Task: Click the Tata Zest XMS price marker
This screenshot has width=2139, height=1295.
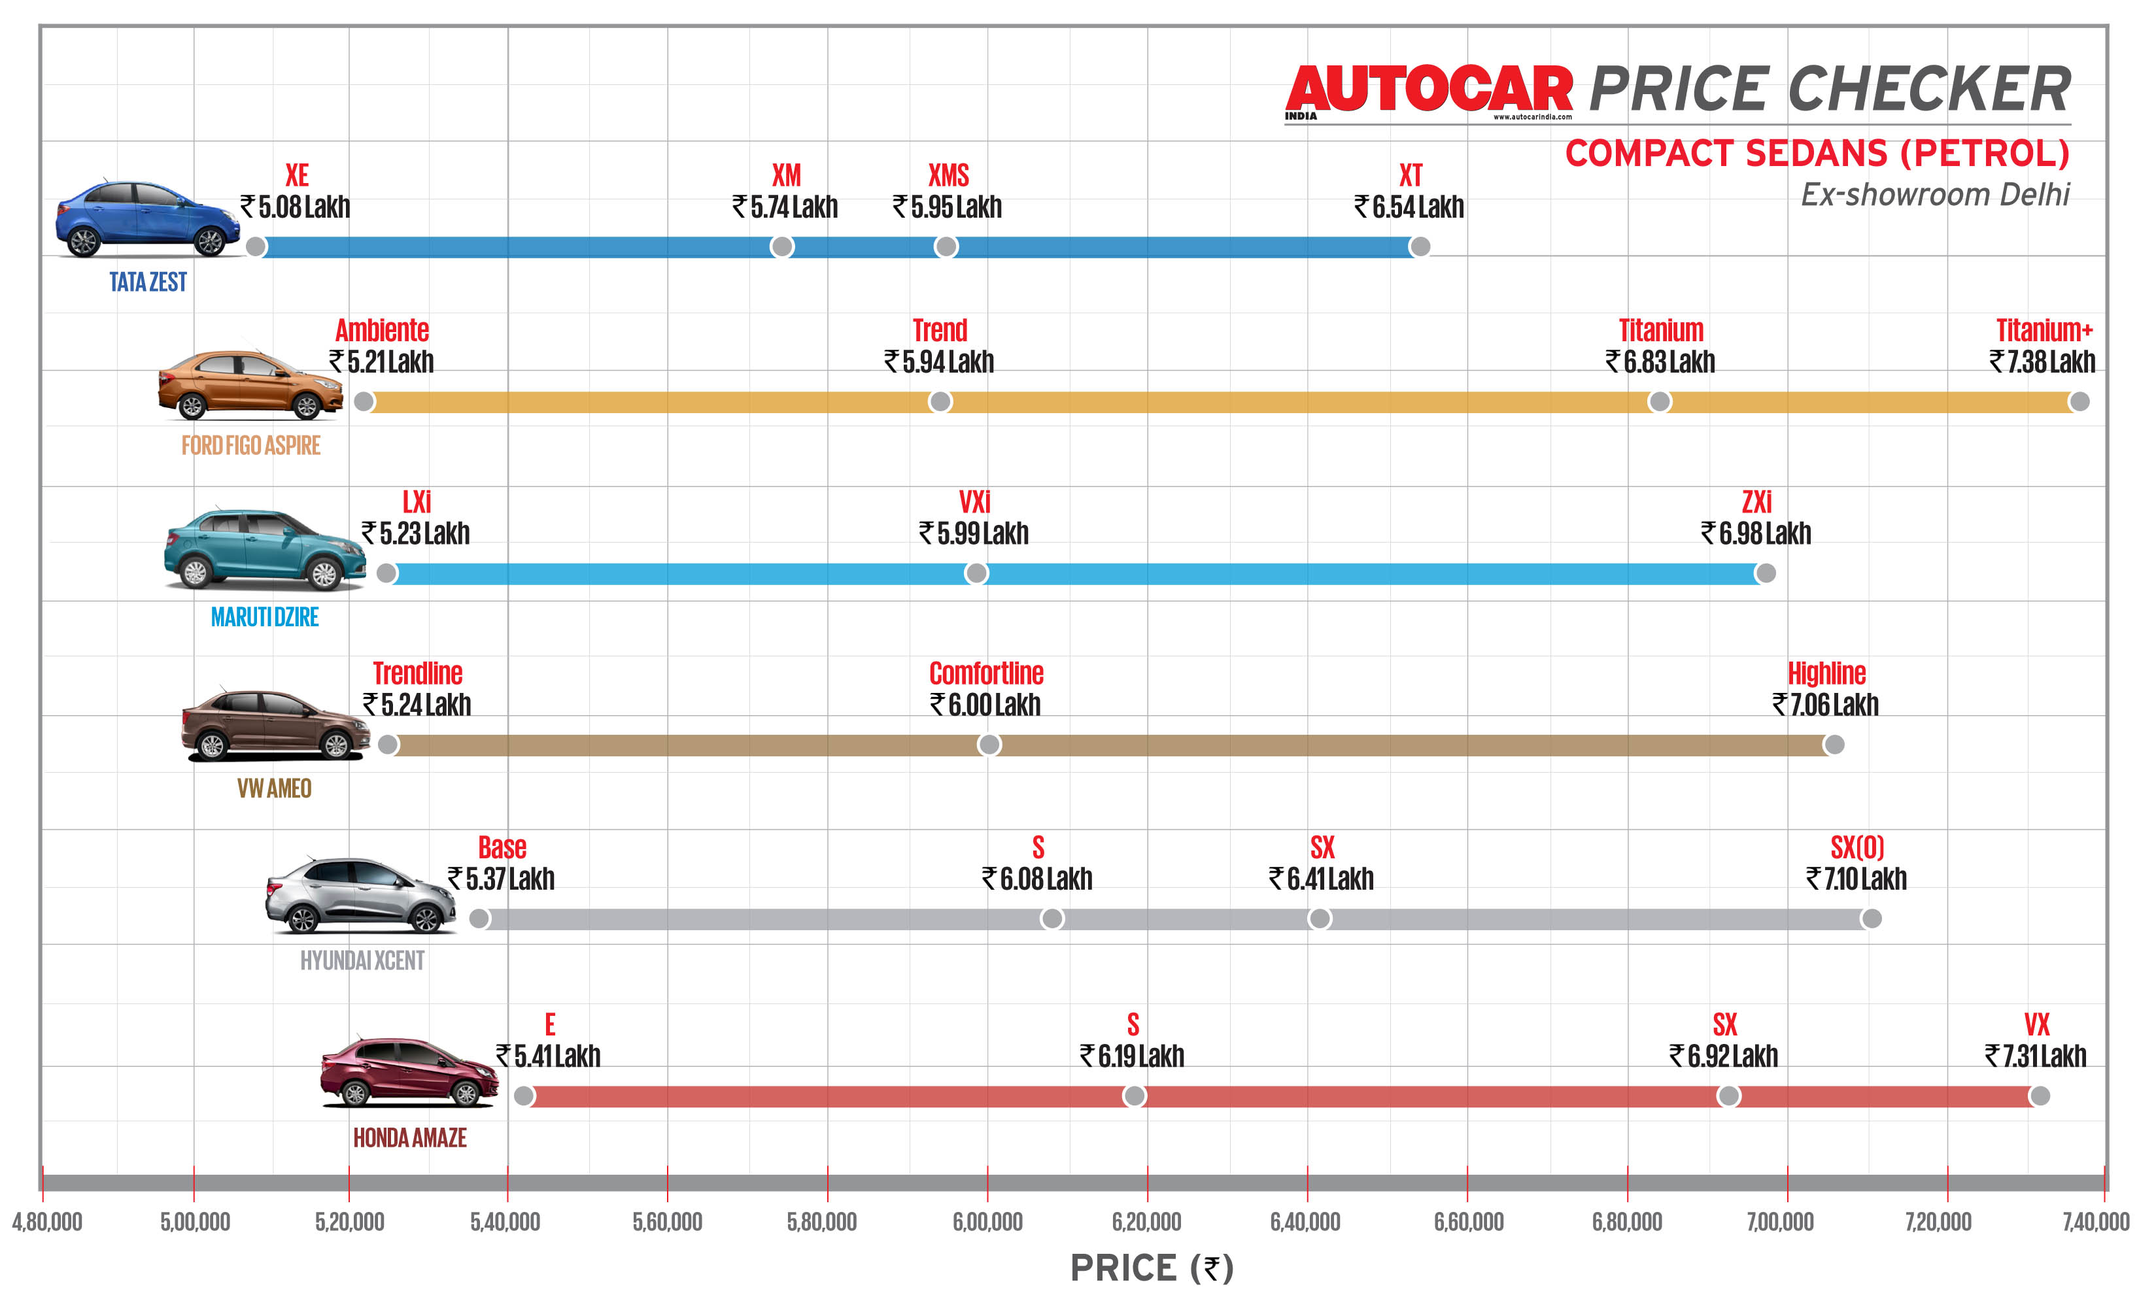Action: pos(946,246)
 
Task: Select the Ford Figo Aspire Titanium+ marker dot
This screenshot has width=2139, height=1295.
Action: pos(2078,401)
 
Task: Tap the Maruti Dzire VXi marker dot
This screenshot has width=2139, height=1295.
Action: pos(976,573)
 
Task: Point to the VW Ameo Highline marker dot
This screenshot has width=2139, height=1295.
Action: pos(1834,745)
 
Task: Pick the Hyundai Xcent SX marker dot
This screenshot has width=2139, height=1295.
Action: pos(1318,918)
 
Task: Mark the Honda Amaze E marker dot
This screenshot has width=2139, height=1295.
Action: pos(523,1096)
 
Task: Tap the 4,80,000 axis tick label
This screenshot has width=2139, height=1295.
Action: pos(47,1222)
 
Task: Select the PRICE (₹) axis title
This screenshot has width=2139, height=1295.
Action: pos(1151,1268)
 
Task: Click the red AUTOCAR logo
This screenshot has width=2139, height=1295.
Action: pos(1429,90)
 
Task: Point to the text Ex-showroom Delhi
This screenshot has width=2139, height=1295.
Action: pos(1934,194)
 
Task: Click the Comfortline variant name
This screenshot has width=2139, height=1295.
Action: pos(986,673)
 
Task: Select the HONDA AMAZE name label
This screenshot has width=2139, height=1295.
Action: pos(410,1138)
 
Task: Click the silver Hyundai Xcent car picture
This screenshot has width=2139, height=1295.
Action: pos(360,895)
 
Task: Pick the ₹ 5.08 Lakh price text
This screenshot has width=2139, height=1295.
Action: pos(295,207)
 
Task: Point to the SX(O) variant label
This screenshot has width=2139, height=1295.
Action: pos(1857,847)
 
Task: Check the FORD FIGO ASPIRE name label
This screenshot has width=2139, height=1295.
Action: pos(251,445)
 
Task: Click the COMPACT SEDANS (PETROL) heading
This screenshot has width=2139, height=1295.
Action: pos(1817,154)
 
